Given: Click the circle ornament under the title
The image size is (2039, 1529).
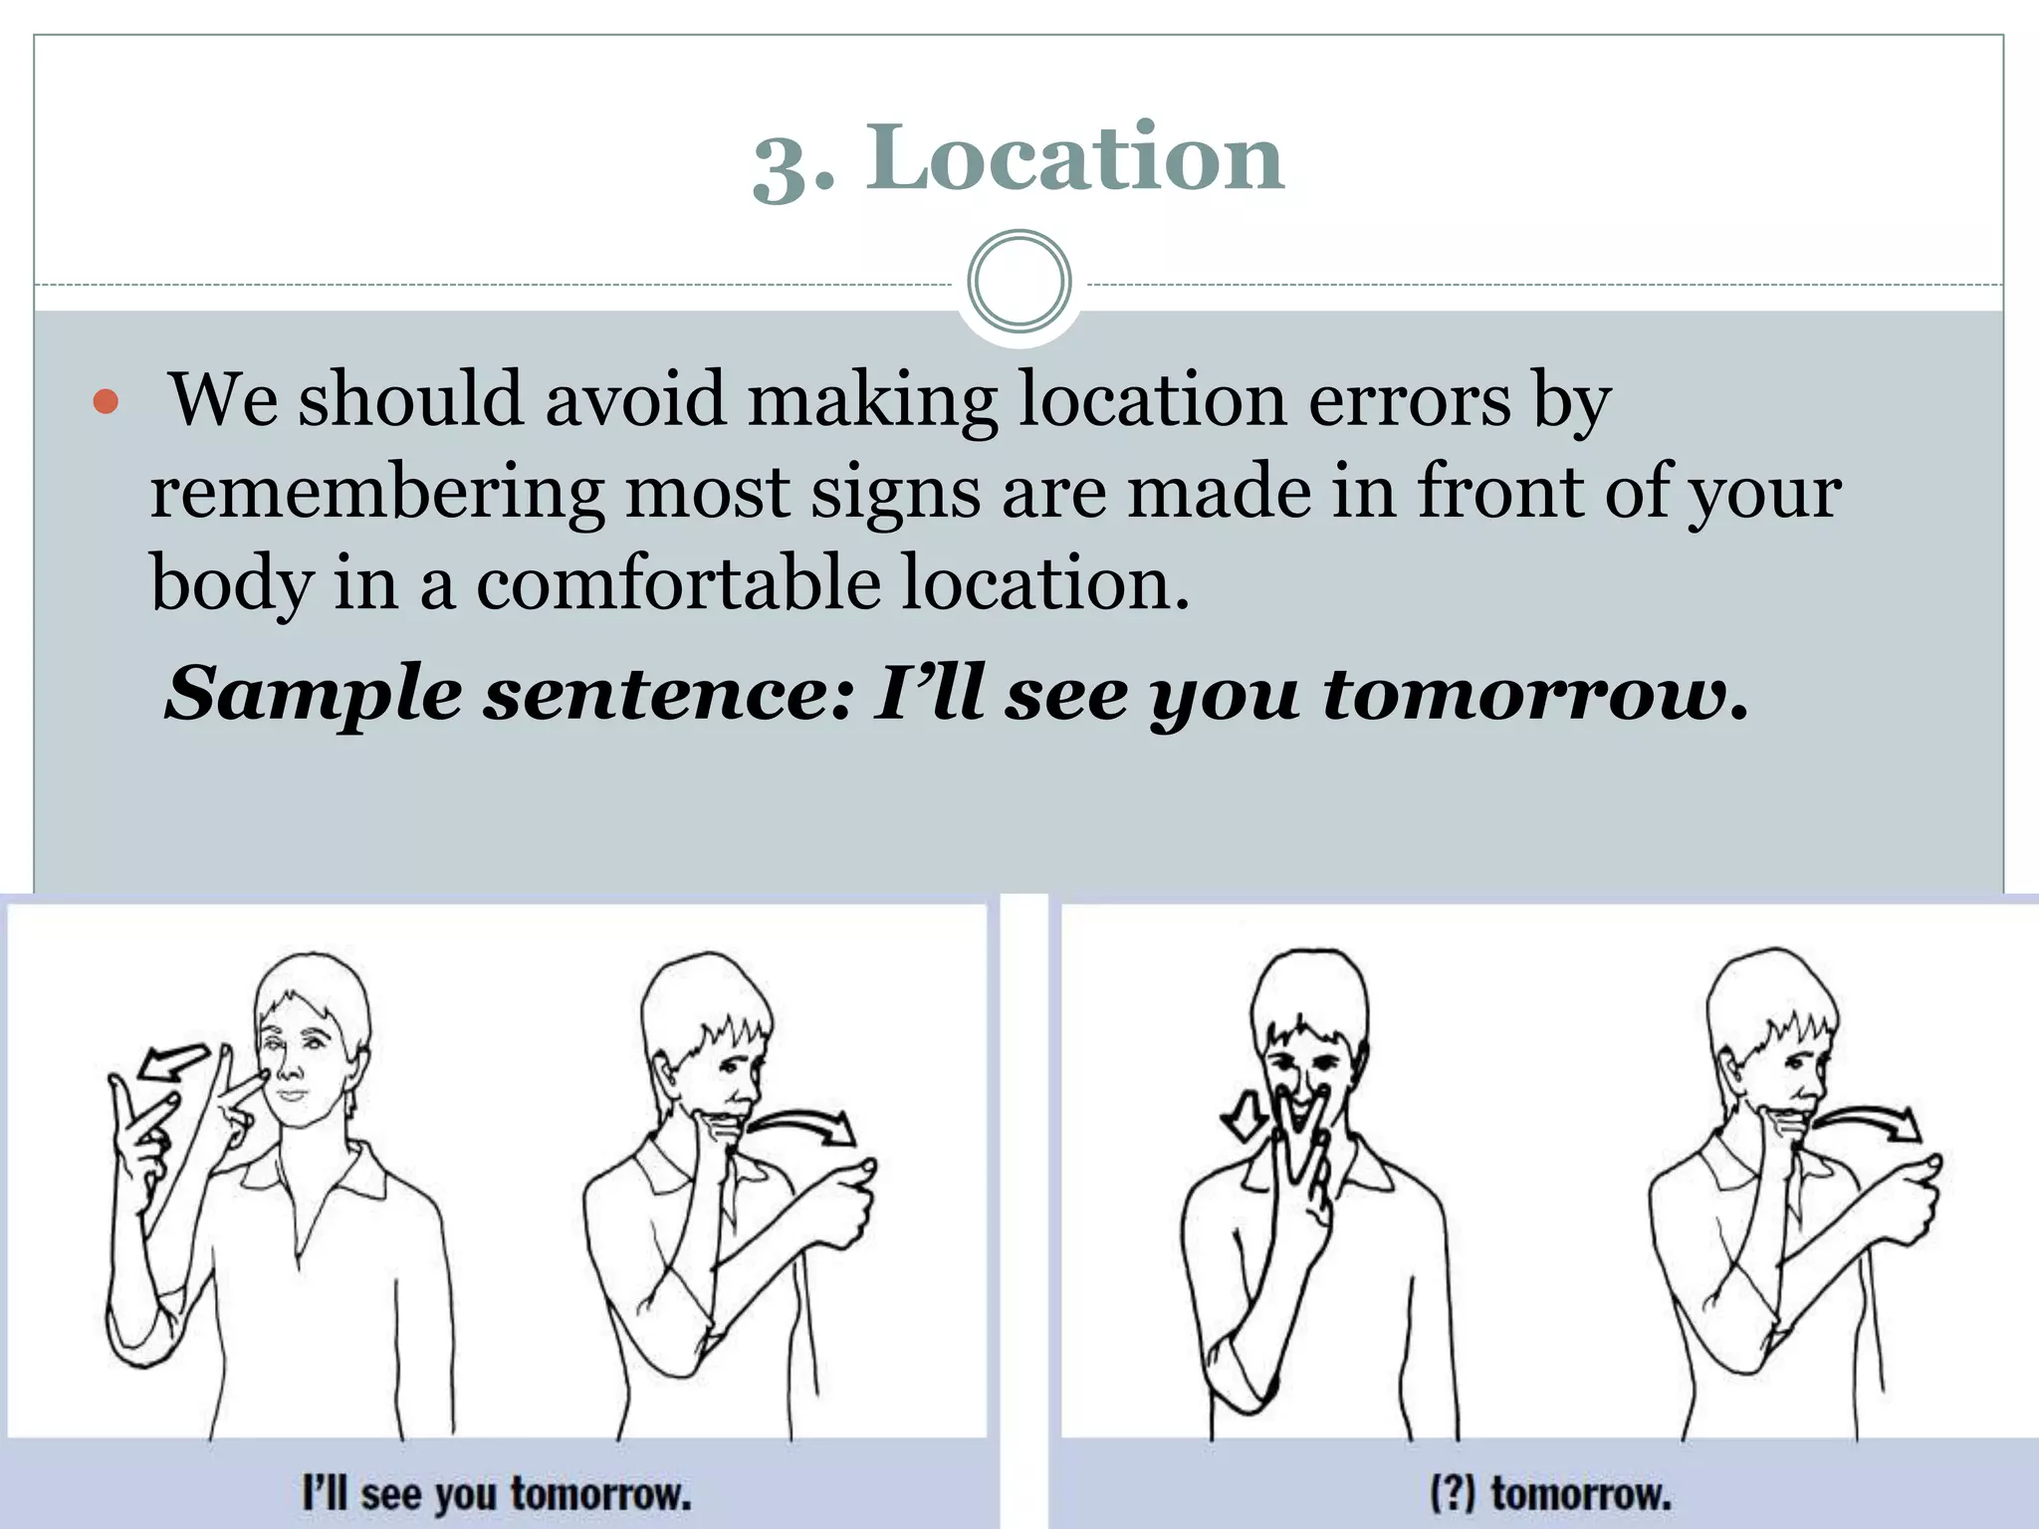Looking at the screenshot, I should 1019,282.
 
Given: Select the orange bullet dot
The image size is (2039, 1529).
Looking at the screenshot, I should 106,402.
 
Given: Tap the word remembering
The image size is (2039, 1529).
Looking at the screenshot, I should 376,492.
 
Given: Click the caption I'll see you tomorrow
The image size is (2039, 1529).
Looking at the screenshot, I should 497,1494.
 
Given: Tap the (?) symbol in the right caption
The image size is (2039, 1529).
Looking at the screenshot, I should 1453,1494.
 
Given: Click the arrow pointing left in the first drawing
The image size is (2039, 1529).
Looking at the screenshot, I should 171,1063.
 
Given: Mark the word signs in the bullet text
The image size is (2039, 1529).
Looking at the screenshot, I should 894,492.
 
